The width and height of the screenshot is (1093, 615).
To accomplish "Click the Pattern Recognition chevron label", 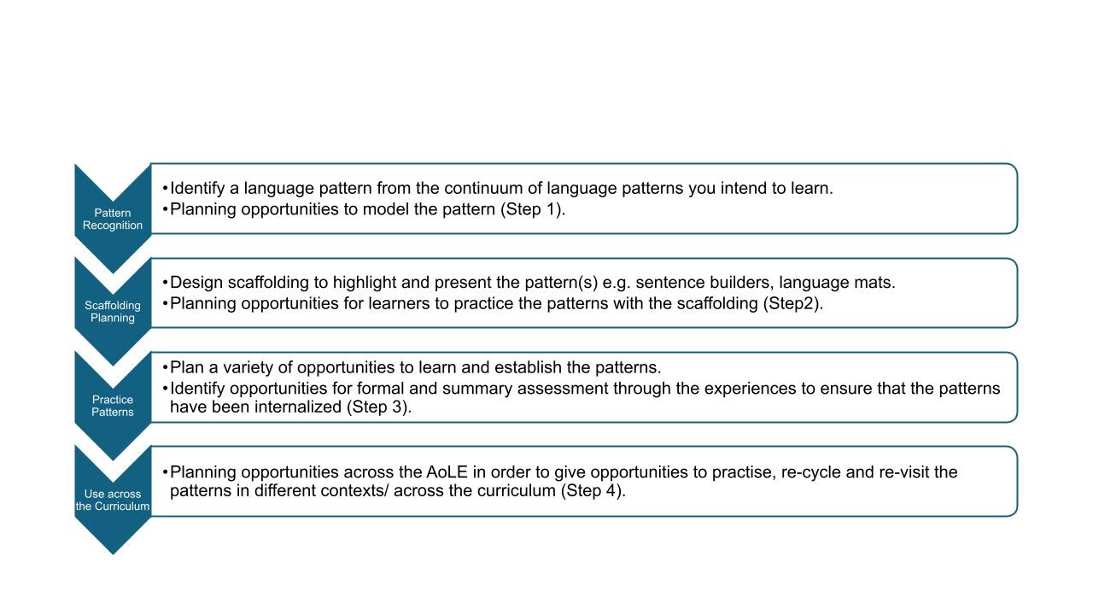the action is tap(112, 220).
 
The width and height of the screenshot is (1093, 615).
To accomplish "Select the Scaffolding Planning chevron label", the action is tap(112, 312).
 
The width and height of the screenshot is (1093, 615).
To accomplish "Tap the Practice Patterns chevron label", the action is tap(112, 406).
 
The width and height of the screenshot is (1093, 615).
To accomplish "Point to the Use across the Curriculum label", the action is tap(112, 500).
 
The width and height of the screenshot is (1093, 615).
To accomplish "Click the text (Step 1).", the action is tap(532, 209).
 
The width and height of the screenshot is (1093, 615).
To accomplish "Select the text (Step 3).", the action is tap(378, 407).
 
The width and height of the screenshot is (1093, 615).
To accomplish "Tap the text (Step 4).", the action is tap(593, 490).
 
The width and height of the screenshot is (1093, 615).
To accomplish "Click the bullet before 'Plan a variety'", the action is tap(165, 367).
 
